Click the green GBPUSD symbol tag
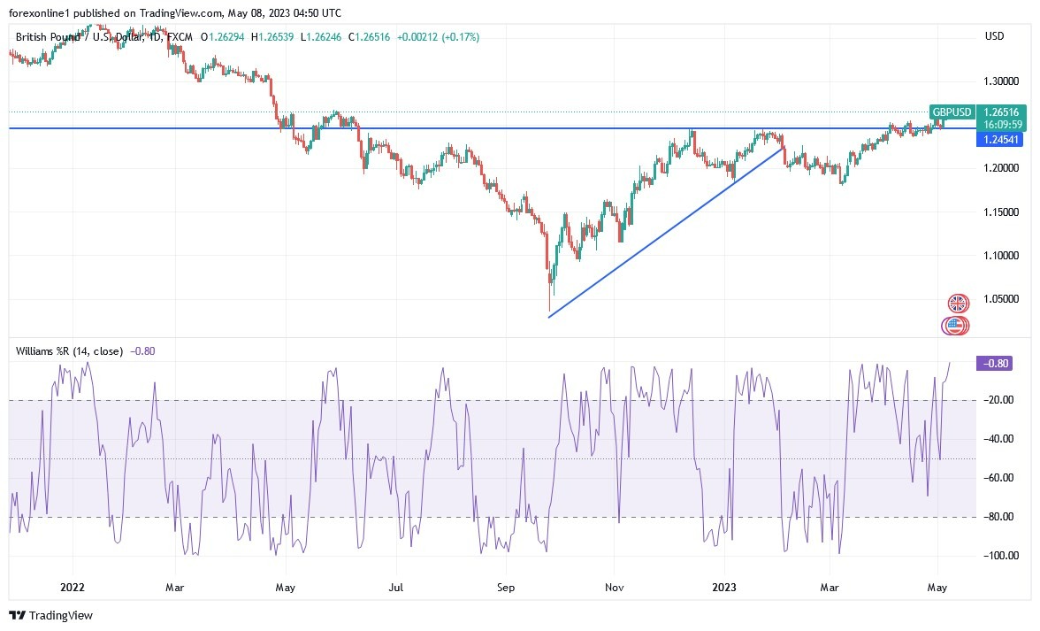pos(952,112)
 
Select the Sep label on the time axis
pos(506,586)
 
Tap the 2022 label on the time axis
pos(73,586)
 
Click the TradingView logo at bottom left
pos(50,615)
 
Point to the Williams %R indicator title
pos(70,351)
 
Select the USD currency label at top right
pos(994,36)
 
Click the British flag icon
pos(958,304)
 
